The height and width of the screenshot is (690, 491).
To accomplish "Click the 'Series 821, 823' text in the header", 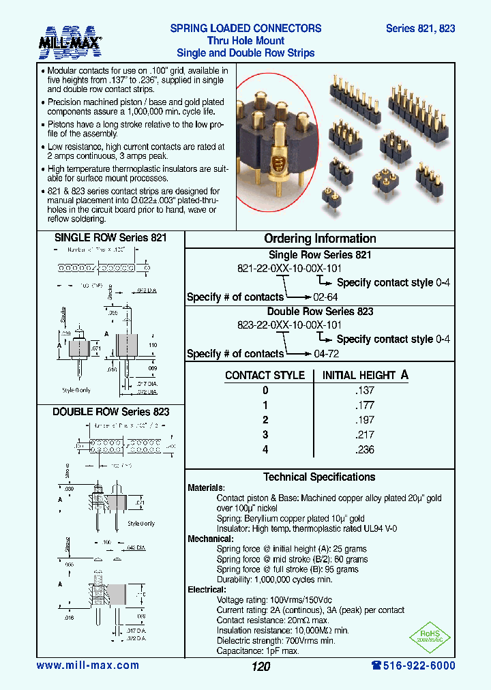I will tap(420, 29).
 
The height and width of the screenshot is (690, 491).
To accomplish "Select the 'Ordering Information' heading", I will tap(320, 239).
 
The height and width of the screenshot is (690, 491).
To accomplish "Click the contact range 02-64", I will tap(325, 297).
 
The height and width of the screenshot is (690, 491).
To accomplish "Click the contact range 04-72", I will tap(325, 354).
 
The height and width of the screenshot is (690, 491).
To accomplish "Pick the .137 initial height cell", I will tap(365, 391).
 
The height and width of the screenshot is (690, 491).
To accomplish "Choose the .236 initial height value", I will tap(365, 449).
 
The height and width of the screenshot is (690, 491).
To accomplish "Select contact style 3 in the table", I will tap(265, 435).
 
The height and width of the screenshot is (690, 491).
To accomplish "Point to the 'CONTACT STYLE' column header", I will tap(265, 376).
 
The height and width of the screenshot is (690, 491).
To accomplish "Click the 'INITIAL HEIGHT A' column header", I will tap(365, 375).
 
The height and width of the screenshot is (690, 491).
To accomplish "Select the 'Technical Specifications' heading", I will tap(319, 477).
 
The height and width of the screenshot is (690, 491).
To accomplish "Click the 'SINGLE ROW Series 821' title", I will tap(110, 238).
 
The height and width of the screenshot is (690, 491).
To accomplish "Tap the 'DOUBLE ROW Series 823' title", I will tap(110, 412).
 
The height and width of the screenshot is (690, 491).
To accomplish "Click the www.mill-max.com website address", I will tap(87, 665).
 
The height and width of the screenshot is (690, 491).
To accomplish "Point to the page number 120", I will tap(261, 666).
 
